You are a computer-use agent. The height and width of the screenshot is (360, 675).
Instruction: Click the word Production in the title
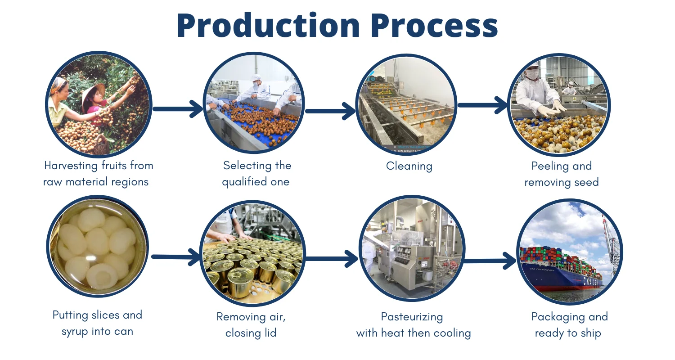point(268,25)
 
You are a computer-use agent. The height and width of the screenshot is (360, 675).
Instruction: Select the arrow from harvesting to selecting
point(178,108)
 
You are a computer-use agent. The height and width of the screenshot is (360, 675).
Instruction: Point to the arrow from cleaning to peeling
point(483,105)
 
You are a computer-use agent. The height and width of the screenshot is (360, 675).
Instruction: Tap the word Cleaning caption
point(409,166)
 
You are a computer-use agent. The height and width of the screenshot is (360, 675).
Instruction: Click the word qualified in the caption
point(246,182)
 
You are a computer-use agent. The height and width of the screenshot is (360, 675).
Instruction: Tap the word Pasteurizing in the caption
point(412,317)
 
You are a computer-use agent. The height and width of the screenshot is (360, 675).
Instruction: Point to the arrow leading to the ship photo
point(490,261)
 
